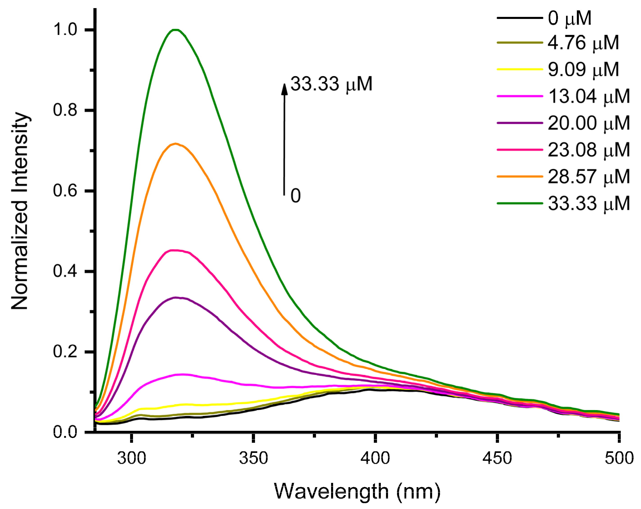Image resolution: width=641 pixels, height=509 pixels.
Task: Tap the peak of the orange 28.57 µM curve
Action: click(x=176, y=144)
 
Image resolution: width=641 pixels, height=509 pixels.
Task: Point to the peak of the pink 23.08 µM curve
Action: click(x=176, y=250)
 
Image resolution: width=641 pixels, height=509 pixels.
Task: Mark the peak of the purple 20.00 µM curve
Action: click(x=176, y=297)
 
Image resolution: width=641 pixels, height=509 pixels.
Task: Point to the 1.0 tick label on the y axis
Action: click(x=65, y=30)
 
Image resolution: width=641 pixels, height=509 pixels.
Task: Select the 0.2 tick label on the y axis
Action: click(x=65, y=352)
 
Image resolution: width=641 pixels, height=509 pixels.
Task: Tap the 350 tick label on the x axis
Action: click(x=253, y=458)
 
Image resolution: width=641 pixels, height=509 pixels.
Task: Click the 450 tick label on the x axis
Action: click(x=497, y=458)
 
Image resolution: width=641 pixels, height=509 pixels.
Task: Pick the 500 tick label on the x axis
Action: click(x=619, y=458)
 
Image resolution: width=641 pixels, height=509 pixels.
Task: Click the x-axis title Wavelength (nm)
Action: click(x=357, y=491)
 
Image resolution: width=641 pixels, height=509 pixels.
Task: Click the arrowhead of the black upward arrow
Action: click(x=284, y=89)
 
